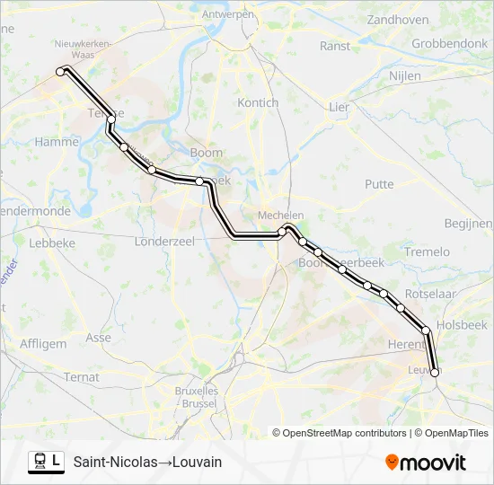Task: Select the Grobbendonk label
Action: point(449,43)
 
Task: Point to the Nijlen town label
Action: point(405,76)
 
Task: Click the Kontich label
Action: point(258,102)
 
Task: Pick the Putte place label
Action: point(379,184)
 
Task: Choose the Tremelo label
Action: point(427,251)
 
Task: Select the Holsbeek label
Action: point(462,325)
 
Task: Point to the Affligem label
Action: point(42,343)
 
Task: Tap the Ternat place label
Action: point(81,377)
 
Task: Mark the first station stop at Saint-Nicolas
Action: point(61,71)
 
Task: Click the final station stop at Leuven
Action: point(435,372)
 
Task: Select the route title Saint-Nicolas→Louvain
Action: point(147,462)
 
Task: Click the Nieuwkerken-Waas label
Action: point(82,48)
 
